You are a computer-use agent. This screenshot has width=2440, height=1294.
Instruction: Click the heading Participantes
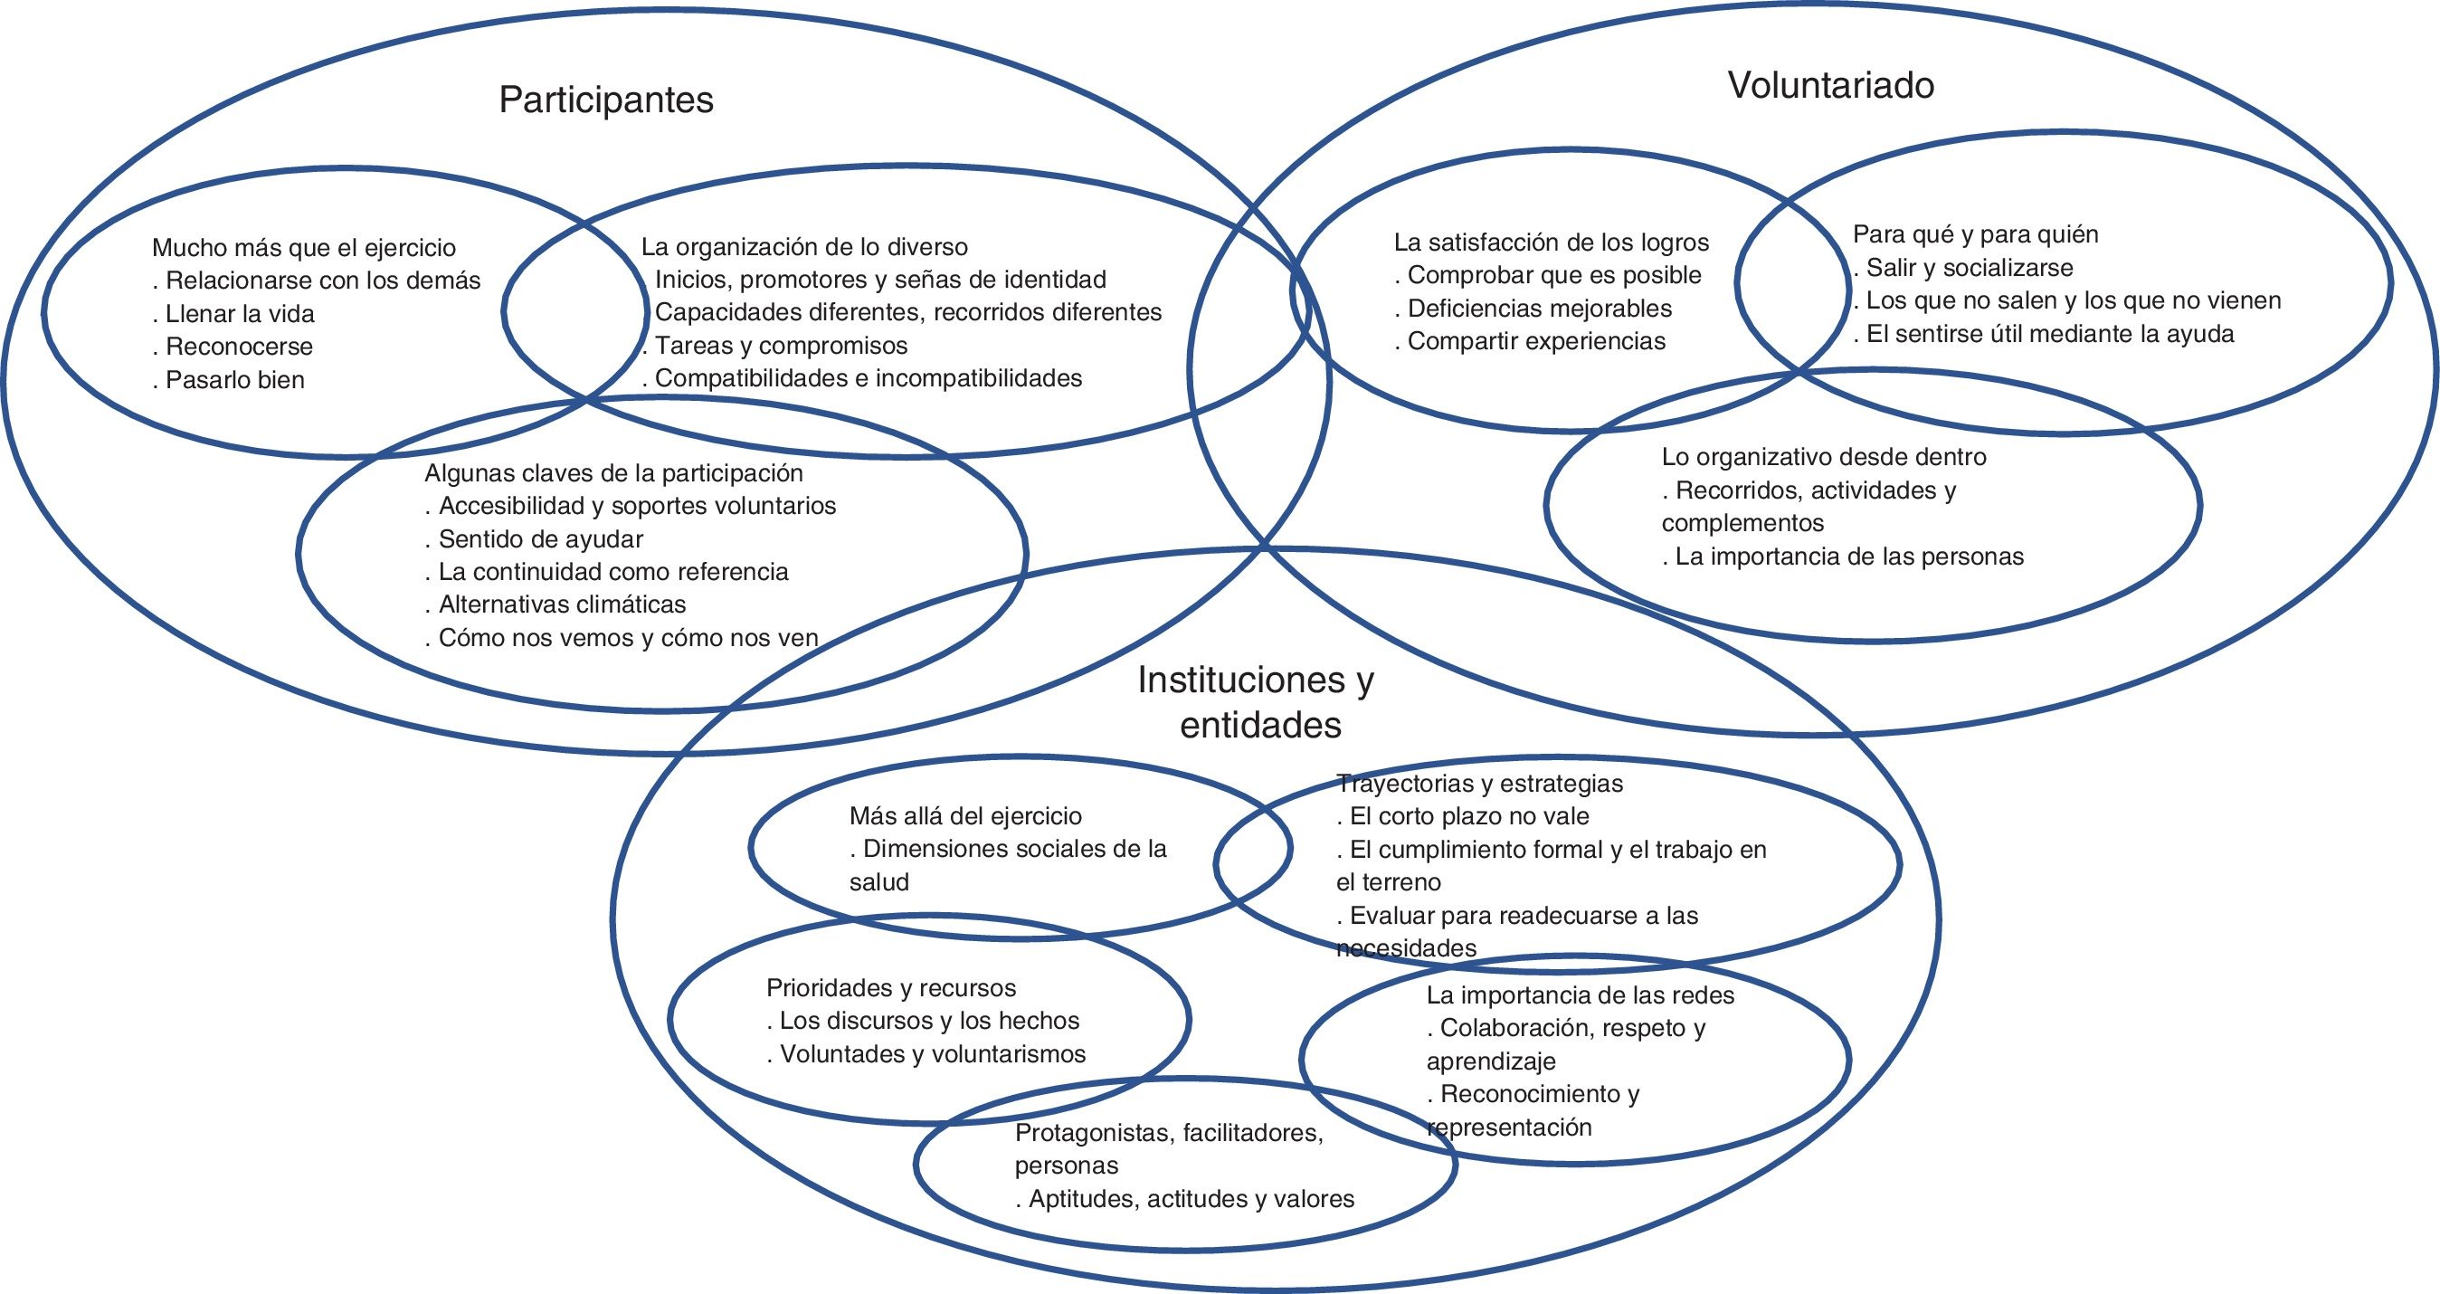(x=606, y=100)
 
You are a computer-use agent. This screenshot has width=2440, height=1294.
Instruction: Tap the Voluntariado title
(x=1831, y=85)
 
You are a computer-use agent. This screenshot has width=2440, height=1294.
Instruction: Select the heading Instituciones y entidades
(x=1256, y=702)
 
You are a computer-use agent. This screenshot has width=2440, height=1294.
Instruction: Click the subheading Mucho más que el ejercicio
(x=304, y=248)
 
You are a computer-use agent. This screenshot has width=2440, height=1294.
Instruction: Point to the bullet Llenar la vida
(x=240, y=314)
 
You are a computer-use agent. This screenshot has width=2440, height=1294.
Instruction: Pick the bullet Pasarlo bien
(x=235, y=380)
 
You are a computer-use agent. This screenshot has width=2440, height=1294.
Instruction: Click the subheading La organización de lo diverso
(x=804, y=247)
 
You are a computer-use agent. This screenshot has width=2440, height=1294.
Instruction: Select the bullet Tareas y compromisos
(x=781, y=346)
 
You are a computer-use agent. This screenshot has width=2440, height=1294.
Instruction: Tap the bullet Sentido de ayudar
(x=540, y=539)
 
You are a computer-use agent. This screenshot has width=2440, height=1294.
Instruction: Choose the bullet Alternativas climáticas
(x=562, y=604)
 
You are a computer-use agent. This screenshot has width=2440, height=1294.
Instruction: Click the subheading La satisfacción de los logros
(x=1552, y=243)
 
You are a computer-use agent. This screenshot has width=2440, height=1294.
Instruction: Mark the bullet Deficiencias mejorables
(x=1539, y=308)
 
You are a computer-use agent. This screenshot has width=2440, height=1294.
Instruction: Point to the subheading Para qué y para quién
(x=1976, y=234)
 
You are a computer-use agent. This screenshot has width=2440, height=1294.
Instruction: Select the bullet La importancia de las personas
(x=1849, y=557)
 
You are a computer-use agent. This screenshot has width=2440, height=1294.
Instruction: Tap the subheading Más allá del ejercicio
(x=965, y=815)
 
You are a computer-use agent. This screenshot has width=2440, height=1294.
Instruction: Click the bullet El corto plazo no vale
(x=1469, y=815)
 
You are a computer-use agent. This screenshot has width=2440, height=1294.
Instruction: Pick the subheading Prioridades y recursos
(x=890, y=988)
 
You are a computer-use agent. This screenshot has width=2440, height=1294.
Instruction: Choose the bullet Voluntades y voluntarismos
(x=932, y=1054)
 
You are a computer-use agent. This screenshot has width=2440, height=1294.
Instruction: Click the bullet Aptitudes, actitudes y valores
(x=1191, y=1199)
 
